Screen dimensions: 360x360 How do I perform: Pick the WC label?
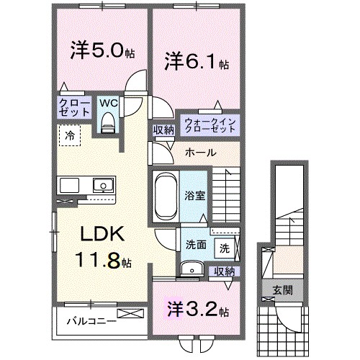108,102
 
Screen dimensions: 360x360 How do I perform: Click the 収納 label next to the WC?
163,130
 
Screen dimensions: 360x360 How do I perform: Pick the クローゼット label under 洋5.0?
75,107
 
